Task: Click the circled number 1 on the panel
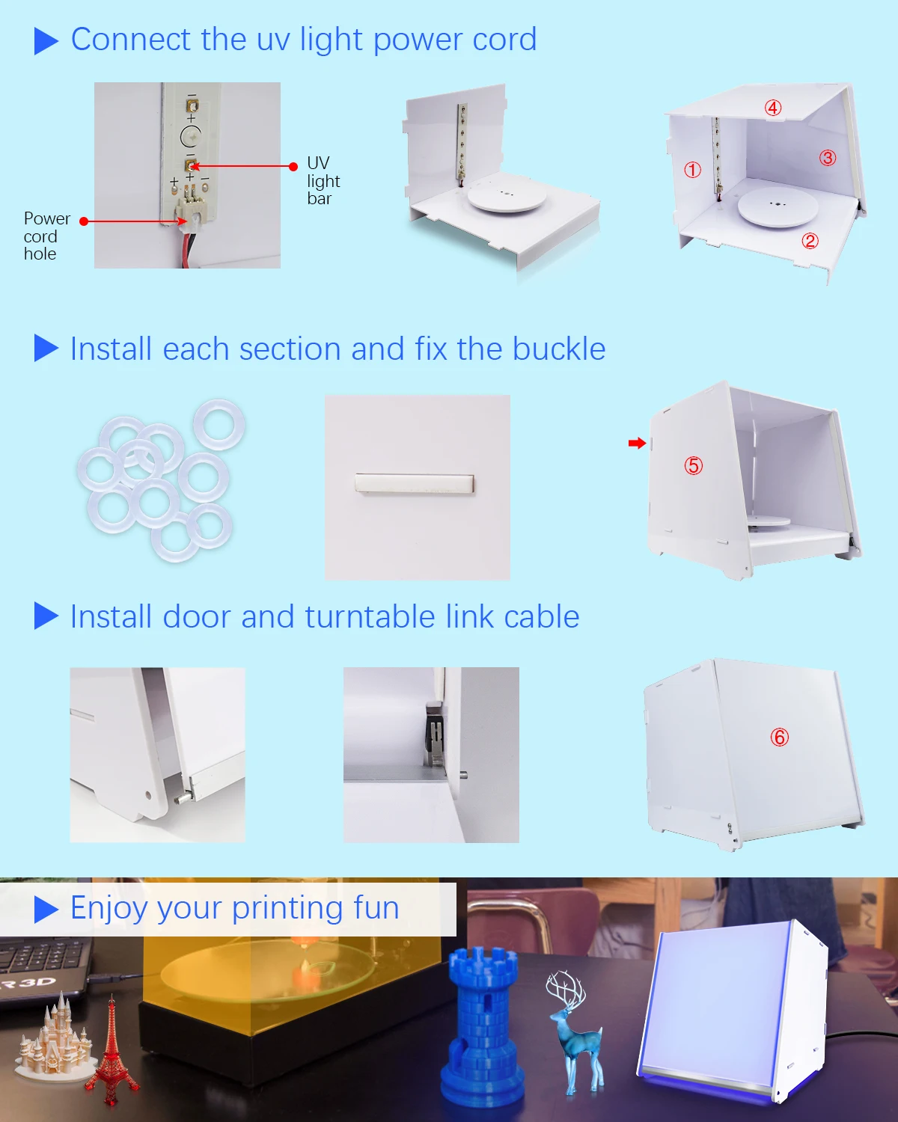692,170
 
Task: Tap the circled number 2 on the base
810,241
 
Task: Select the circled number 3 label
828,158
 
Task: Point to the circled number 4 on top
773,108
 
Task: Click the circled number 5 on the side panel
694,465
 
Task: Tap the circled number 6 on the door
780,738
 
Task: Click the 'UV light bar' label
323,180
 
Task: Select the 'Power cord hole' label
46,236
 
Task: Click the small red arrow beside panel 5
637,443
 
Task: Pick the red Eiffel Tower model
112,1051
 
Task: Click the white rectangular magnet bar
415,482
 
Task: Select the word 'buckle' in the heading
559,349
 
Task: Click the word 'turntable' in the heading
370,616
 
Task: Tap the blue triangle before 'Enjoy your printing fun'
46,910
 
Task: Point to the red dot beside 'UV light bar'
293,166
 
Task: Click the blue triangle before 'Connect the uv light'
46,41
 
